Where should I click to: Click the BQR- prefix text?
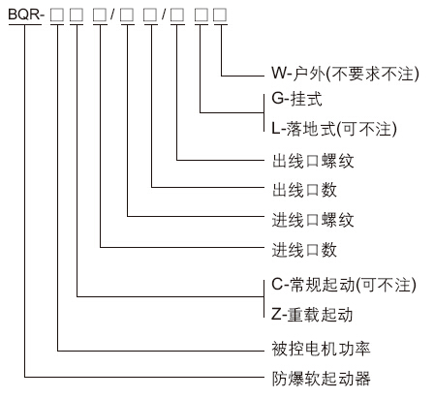click(25, 15)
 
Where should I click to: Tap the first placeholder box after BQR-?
click(57, 15)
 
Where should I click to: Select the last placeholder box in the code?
click(220, 15)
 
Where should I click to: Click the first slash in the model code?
click(112, 15)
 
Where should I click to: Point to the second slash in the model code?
click(164, 15)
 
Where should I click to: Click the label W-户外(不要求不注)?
click(345, 74)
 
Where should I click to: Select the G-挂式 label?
click(296, 99)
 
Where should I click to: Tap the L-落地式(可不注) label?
click(334, 129)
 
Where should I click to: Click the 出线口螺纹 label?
click(313, 161)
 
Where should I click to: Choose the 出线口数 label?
click(304, 190)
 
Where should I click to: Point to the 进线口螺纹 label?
click(313, 220)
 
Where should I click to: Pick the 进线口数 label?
click(304, 250)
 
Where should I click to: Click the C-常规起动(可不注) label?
click(344, 285)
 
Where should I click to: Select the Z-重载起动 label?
click(312, 315)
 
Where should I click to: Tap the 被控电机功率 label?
click(321, 349)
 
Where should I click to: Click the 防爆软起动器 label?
click(321, 378)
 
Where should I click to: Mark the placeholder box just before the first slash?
click(100, 15)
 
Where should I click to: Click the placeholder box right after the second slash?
click(177, 15)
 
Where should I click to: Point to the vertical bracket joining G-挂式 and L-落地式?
click(264, 112)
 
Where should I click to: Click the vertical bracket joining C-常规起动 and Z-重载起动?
click(264, 298)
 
